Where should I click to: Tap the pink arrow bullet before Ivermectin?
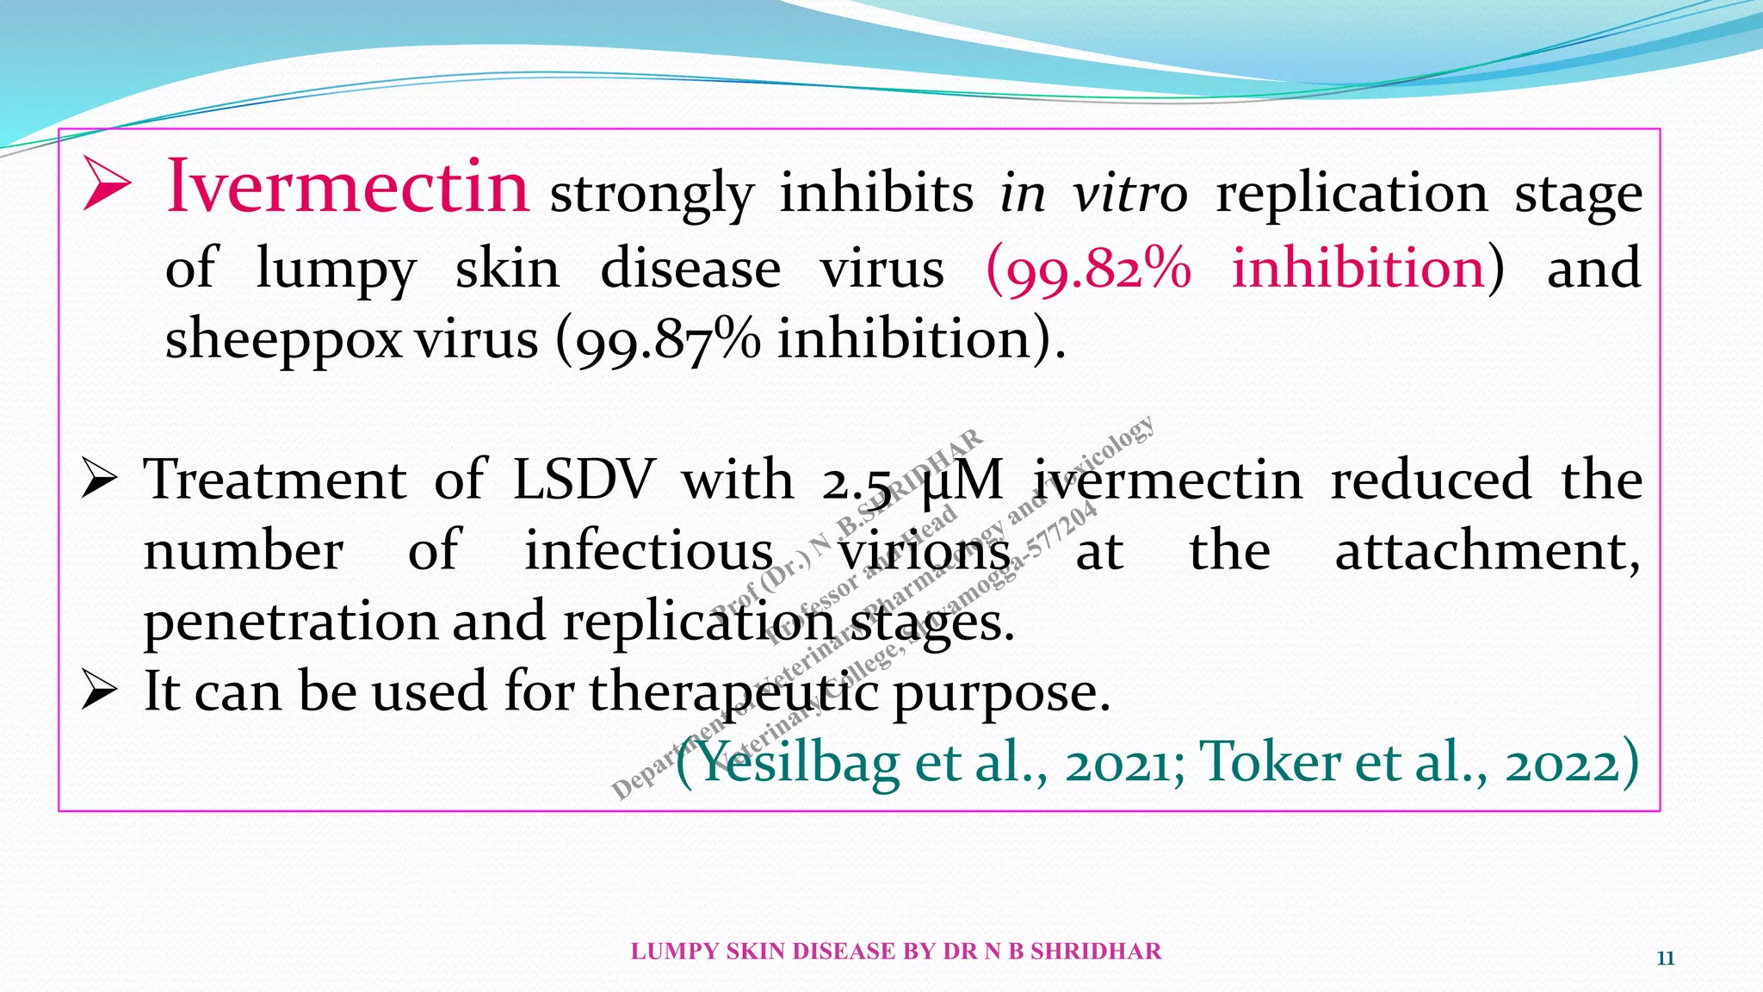click(x=106, y=183)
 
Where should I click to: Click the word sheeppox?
click(x=283, y=341)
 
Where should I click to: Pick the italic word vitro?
click(x=1130, y=193)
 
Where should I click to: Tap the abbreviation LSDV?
click(x=583, y=480)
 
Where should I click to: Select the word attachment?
click(x=1487, y=551)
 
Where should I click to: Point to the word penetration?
click(x=291, y=622)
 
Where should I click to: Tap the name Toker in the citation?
click(x=1269, y=763)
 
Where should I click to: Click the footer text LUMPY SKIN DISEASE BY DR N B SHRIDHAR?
click(x=895, y=952)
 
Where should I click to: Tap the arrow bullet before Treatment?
click(x=98, y=479)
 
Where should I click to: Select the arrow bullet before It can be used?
click(x=98, y=691)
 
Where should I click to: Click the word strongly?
click(x=652, y=195)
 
